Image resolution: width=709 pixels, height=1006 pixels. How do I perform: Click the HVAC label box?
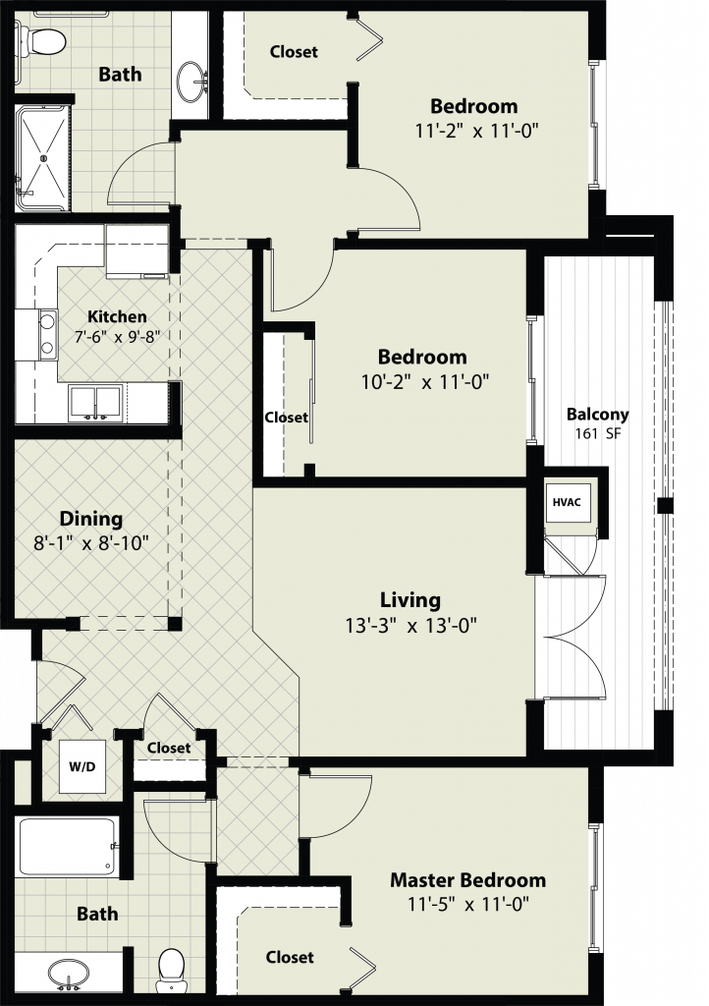pyautogui.click(x=567, y=502)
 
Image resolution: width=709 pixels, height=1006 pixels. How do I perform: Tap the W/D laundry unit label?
pyautogui.click(x=82, y=766)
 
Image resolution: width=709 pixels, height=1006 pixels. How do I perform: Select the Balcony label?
pyautogui.click(x=597, y=415)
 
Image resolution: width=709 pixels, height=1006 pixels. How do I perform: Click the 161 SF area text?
pyautogui.click(x=597, y=433)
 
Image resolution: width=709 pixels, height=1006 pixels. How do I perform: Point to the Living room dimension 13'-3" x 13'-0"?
pyautogui.click(x=410, y=625)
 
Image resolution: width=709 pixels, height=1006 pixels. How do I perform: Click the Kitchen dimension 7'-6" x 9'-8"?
pyautogui.click(x=116, y=337)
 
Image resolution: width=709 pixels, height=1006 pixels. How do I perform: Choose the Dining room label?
pyautogui.click(x=90, y=519)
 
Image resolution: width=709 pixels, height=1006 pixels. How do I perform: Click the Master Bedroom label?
pyautogui.click(x=468, y=880)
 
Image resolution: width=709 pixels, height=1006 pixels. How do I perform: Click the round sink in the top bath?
pyautogui.click(x=192, y=81)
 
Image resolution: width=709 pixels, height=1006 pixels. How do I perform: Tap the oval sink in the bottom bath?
pyautogui.click(x=67, y=976)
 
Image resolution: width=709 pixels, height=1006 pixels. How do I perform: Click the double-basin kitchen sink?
pyautogui.click(x=96, y=403)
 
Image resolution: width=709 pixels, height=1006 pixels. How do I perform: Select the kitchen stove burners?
pyautogui.click(x=46, y=335)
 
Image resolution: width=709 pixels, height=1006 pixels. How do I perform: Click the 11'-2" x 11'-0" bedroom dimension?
pyautogui.click(x=475, y=131)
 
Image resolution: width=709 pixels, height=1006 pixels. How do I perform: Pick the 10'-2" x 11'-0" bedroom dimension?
pyautogui.click(x=425, y=382)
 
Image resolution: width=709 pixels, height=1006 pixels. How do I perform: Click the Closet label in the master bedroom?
pyautogui.click(x=290, y=957)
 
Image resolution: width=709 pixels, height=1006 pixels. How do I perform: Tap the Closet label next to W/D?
pyautogui.click(x=169, y=748)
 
